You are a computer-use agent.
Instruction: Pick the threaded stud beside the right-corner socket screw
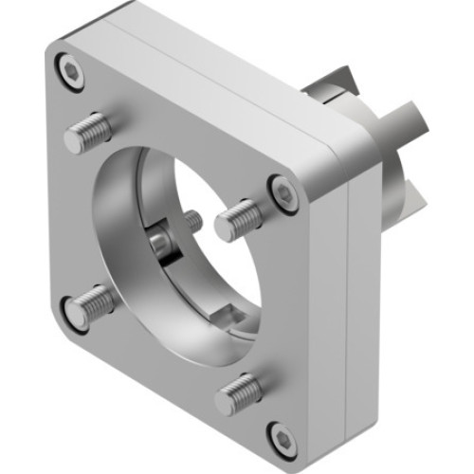236,220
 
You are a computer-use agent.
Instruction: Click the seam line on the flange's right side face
350,313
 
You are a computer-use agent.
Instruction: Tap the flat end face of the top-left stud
75,141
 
